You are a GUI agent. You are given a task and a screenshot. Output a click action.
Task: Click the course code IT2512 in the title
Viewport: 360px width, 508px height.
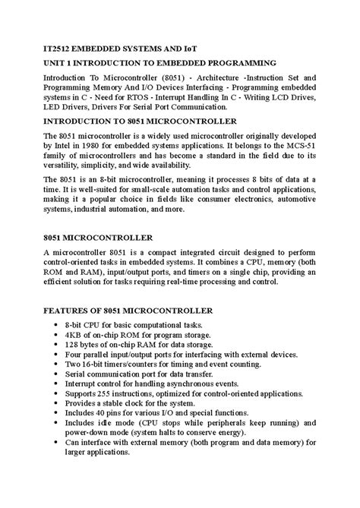pyautogui.click(x=39, y=46)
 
